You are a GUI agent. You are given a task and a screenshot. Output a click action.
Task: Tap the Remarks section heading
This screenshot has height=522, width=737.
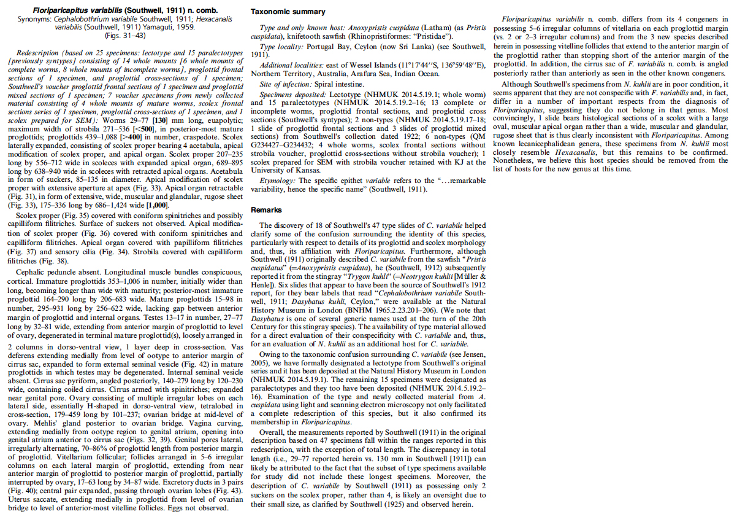pos(267,210)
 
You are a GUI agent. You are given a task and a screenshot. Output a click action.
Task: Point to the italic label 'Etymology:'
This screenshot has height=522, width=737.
pos(277,181)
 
